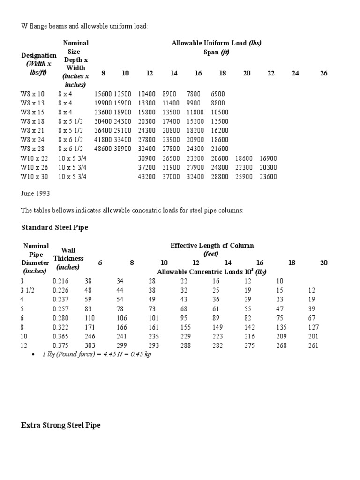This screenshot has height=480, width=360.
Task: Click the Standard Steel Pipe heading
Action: [x=54, y=228]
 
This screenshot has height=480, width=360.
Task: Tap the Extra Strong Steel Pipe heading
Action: [x=60, y=425]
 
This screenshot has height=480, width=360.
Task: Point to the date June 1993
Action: [x=36, y=193]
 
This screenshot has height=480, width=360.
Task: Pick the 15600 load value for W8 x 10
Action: [x=103, y=94]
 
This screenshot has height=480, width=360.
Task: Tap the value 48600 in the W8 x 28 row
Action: [x=103, y=149]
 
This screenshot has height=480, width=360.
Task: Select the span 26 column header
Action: [x=323, y=73]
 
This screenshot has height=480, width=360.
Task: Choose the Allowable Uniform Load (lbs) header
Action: [x=216, y=43]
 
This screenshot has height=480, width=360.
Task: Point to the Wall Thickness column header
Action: [x=68, y=258]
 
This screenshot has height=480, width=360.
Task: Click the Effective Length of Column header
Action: [x=212, y=246]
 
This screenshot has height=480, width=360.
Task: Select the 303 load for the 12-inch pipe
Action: [x=89, y=345]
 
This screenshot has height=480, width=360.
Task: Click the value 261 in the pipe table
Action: [x=314, y=345]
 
